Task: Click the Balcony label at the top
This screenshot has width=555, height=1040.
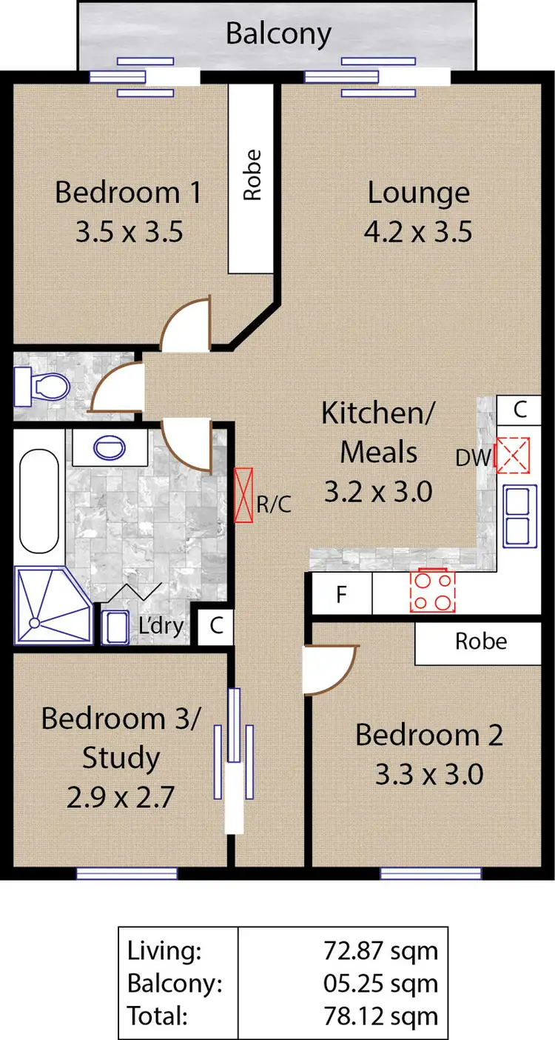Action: point(278,34)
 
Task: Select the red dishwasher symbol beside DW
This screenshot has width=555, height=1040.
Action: point(513,456)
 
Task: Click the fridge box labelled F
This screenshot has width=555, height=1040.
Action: point(341,595)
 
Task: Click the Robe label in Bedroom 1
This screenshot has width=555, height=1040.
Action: point(252,175)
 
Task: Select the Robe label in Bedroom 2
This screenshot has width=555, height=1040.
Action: point(480,641)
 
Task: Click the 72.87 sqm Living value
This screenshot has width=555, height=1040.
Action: point(380,950)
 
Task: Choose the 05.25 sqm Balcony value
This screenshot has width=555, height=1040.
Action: point(380,983)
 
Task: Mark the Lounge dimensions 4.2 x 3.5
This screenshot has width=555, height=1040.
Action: point(418,233)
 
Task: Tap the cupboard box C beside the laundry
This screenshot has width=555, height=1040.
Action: point(216,626)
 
